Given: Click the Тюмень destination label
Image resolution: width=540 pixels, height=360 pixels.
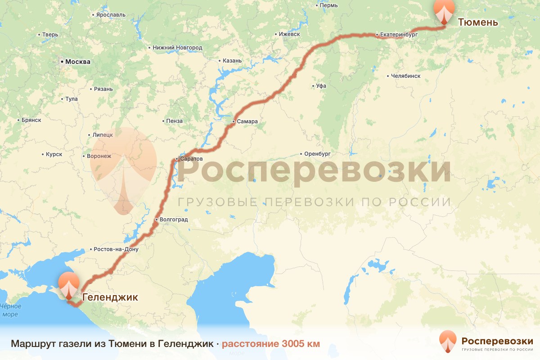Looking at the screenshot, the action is [x=478, y=22].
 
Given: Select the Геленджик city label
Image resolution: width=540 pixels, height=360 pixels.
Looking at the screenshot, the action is [x=110, y=297].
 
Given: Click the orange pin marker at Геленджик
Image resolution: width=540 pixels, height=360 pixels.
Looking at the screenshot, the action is [x=69, y=284].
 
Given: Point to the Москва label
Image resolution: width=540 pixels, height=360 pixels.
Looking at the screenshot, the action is [x=77, y=62].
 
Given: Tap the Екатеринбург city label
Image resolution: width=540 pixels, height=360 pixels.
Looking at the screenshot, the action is [x=399, y=34].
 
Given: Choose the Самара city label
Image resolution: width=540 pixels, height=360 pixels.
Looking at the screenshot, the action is [x=247, y=121].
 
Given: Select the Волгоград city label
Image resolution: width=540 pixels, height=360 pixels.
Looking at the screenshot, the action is [x=174, y=220].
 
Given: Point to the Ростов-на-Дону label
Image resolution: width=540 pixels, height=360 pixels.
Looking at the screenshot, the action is [x=116, y=249].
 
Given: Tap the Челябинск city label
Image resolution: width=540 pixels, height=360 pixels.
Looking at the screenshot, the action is [x=406, y=76].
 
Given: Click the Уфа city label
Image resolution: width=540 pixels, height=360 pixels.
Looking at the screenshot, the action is [x=321, y=86].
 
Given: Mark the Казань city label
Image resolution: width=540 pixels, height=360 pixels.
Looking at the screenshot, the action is [x=232, y=61].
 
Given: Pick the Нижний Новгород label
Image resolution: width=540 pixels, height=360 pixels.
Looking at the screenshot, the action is [x=177, y=48].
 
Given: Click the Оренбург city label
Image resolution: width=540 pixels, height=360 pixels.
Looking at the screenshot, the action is [x=320, y=154].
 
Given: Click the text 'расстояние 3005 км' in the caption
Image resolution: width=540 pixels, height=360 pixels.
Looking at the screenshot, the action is [x=270, y=344].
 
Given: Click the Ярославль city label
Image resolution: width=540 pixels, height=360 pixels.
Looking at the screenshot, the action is [x=111, y=15].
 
